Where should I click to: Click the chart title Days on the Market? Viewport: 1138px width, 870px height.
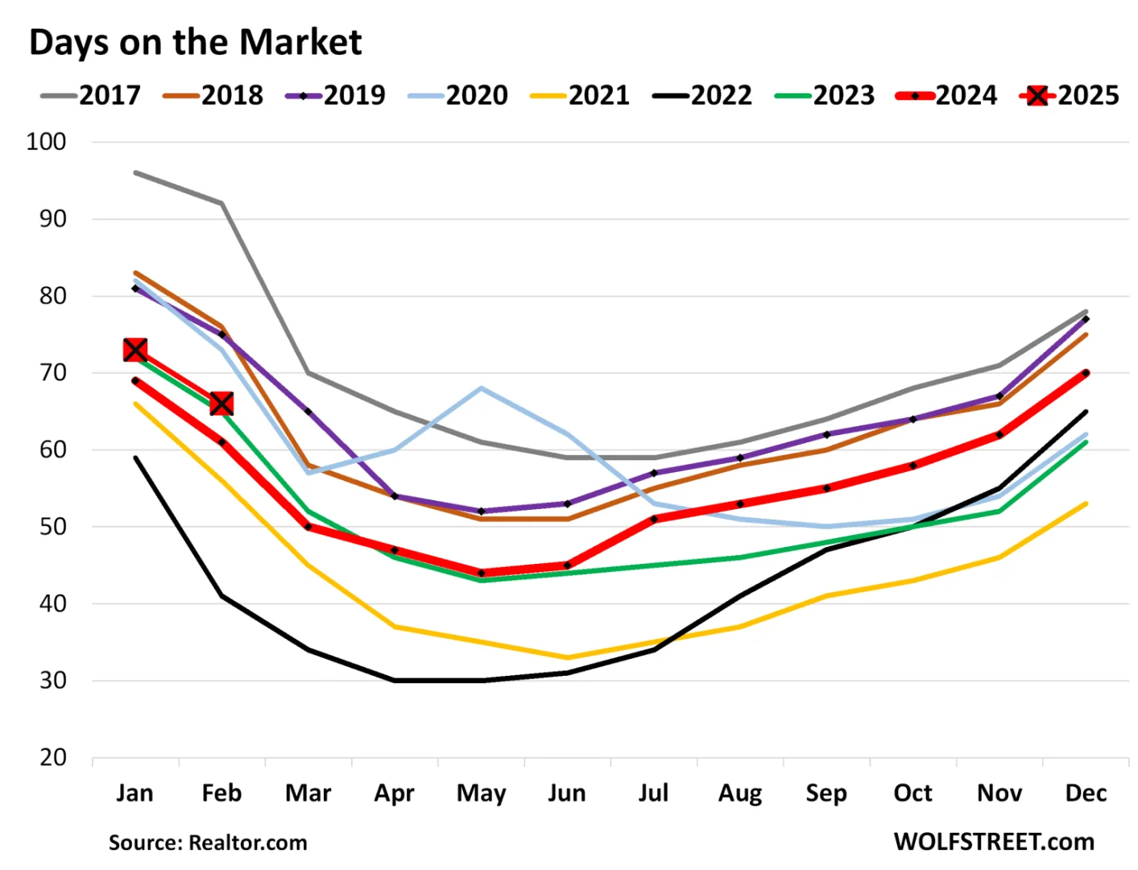(196, 43)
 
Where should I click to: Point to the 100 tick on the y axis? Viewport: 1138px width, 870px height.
(47, 142)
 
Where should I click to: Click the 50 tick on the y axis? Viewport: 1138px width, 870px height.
(53, 527)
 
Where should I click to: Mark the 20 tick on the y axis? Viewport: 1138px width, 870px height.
(53, 758)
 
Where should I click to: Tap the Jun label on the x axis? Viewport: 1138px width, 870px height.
(567, 793)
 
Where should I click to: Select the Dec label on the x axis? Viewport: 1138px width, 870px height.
(1086, 793)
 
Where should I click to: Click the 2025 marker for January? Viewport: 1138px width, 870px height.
(135, 350)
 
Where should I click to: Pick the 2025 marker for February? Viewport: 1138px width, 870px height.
(221, 404)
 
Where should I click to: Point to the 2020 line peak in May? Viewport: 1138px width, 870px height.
(482, 388)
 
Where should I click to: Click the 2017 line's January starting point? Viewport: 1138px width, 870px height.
(135, 172)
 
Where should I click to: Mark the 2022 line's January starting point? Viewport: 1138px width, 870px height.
(135, 458)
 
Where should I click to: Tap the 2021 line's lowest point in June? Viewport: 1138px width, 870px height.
(568, 657)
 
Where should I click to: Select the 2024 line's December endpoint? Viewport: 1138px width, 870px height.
(1086, 373)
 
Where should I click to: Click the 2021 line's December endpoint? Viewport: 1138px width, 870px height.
(1086, 504)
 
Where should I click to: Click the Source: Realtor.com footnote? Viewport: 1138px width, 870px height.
(208, 843)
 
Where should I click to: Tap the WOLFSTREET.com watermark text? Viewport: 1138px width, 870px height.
(994, 842)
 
